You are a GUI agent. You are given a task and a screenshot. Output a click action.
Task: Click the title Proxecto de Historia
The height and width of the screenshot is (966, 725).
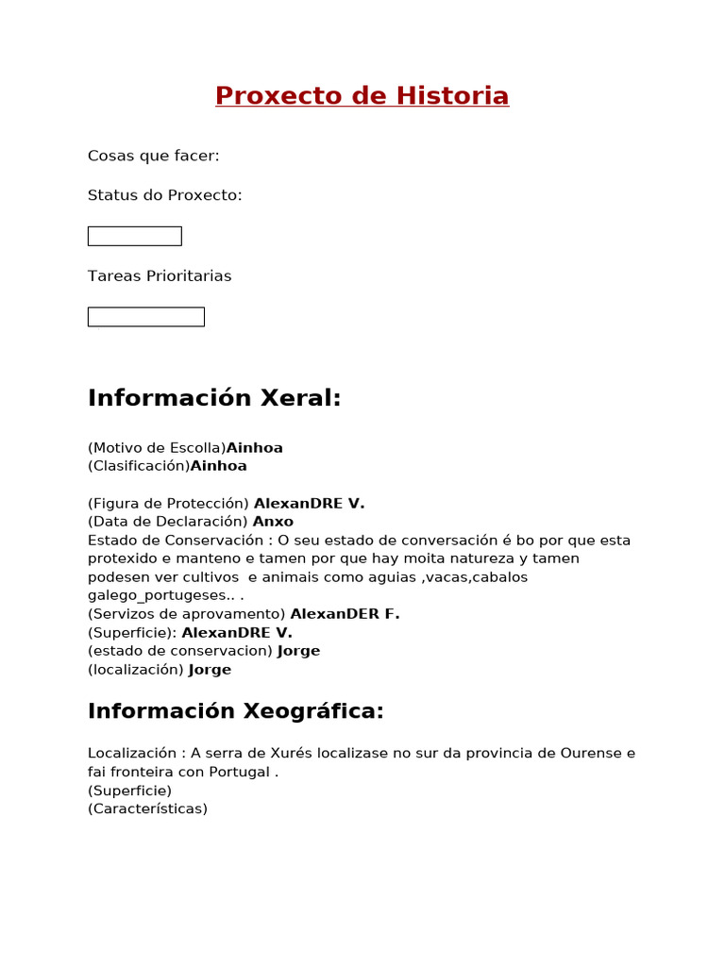coord(362,96)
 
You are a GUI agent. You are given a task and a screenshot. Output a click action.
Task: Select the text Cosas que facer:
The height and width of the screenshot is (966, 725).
coord(153,156)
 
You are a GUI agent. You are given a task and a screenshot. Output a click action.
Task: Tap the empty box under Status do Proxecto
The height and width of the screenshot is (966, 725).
coord(134,236)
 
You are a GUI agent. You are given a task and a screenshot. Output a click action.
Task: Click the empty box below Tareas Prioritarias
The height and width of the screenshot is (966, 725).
coord(145,317)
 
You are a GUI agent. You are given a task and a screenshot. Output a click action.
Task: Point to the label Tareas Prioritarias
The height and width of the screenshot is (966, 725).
coord(159,276)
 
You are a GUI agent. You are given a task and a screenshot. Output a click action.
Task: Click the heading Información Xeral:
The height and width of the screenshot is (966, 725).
coord(214,398)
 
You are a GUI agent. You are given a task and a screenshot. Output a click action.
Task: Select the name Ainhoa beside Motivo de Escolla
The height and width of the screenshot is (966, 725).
coord(254,448)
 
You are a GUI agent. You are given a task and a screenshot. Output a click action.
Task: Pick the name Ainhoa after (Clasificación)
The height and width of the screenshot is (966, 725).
coord(218,466)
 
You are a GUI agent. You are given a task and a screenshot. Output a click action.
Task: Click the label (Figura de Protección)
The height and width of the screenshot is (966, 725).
coord(168,504)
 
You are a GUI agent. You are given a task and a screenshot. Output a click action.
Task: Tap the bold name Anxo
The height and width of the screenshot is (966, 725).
coord(273,522)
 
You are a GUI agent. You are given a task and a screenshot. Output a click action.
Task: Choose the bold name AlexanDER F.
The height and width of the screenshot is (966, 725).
coord(345,614)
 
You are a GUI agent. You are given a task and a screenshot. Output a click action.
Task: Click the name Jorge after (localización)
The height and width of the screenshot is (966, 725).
coord(210,670)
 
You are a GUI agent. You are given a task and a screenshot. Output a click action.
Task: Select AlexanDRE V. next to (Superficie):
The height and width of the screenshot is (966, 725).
coord(237,633)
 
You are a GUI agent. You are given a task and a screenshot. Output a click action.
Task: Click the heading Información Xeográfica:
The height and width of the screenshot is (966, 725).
coord(236,711)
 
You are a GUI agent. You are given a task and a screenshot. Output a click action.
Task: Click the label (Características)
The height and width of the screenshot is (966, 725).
coord(147,808)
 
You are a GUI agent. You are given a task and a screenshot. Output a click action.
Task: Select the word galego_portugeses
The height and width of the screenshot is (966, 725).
coord(157,596)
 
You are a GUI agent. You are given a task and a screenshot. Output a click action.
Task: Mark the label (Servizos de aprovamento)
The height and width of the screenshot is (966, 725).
coord(186,614)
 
